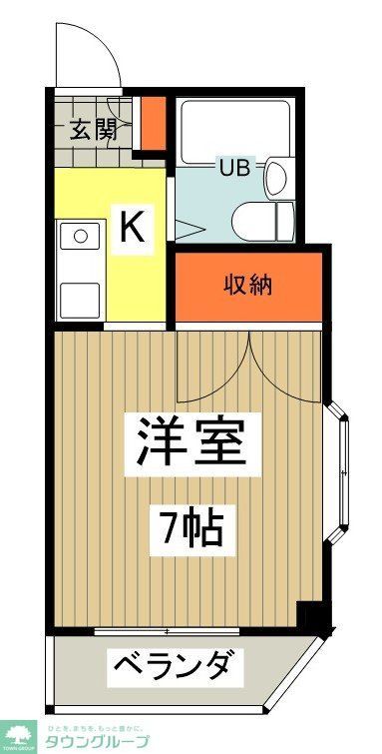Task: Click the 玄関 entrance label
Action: pyautogui.click(x=93, y=128)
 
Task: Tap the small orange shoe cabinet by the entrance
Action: pyautogui.click(x=152, y=121)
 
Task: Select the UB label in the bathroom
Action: pyautogui.click(x=230, y=167)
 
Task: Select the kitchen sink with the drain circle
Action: pyautogui.click(x=79, y=238)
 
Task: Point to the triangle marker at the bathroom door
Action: pyautogui.click(x=190, y=227)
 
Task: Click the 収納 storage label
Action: pyautogui.click(x=247, y=287)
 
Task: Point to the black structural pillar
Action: pyautogui.click(x=315, y=618)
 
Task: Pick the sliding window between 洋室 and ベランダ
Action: pyautogui.click(x=170, y=631)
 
